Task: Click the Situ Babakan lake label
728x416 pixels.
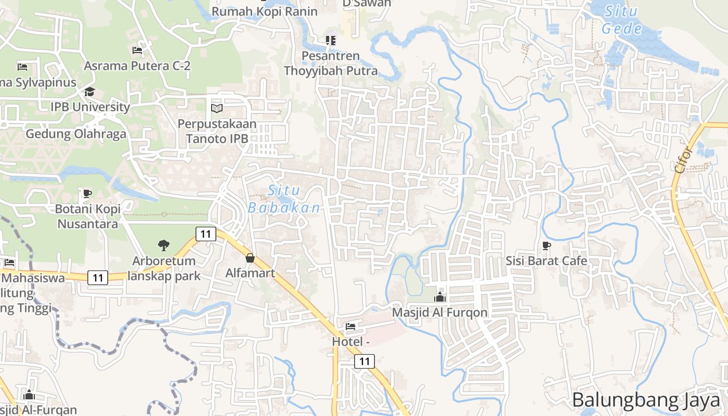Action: (284, 199)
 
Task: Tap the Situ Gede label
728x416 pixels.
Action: (622, 20)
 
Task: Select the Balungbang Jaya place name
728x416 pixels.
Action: (646, 400)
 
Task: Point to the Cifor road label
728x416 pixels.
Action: (683, 160)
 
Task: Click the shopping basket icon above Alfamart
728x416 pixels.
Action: (250, 258)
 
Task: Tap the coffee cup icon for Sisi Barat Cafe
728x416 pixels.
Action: (546, 245)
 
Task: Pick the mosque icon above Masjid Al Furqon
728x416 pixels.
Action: (440, 297)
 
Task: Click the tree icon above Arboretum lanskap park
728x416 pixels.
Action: (164, 245)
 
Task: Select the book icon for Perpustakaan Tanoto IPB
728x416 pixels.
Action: (217, 109)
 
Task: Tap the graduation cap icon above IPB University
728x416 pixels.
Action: (90, 92)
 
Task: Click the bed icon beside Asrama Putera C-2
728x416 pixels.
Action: (137, 50)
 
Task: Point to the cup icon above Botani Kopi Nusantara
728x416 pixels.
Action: (87, 194)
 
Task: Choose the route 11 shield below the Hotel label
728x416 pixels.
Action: (365, 361)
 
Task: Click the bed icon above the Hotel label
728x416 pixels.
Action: (350, 327)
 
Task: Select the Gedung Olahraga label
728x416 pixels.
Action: (76, 134)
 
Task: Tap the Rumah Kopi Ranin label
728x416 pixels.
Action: (264, 11)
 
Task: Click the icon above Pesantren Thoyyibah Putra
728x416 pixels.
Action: (330, 40)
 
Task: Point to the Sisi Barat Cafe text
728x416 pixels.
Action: (546, 261)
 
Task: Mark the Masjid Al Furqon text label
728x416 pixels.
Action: (440, 313)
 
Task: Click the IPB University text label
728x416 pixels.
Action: (90, 107)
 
